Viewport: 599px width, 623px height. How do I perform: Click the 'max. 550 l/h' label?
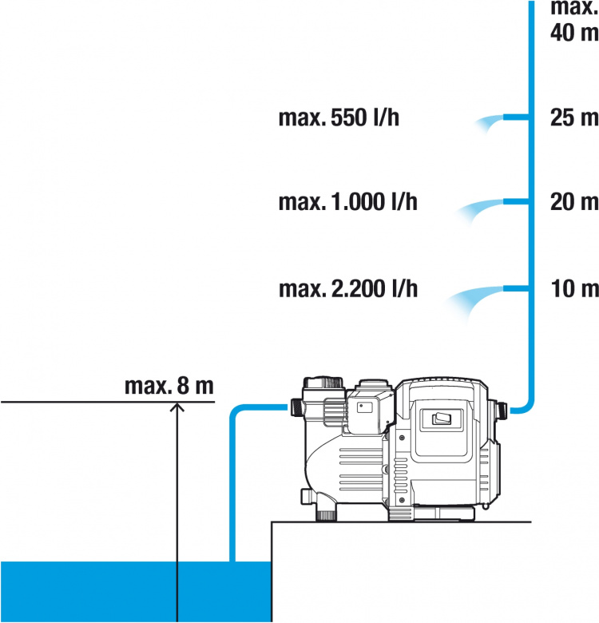pos(339,119)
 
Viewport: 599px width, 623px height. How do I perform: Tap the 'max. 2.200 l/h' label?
pos(347,288)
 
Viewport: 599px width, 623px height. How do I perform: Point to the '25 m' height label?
pos(573,118)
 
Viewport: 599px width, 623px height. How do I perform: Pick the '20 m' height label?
pos(573,202)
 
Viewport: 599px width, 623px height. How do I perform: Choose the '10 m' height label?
pos(573,288)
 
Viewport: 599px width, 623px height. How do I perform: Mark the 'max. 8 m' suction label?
pos(169,387)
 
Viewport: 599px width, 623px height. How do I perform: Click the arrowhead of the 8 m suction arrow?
pos(177,407)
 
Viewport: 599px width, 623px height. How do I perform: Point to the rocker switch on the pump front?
pos(442,419)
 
